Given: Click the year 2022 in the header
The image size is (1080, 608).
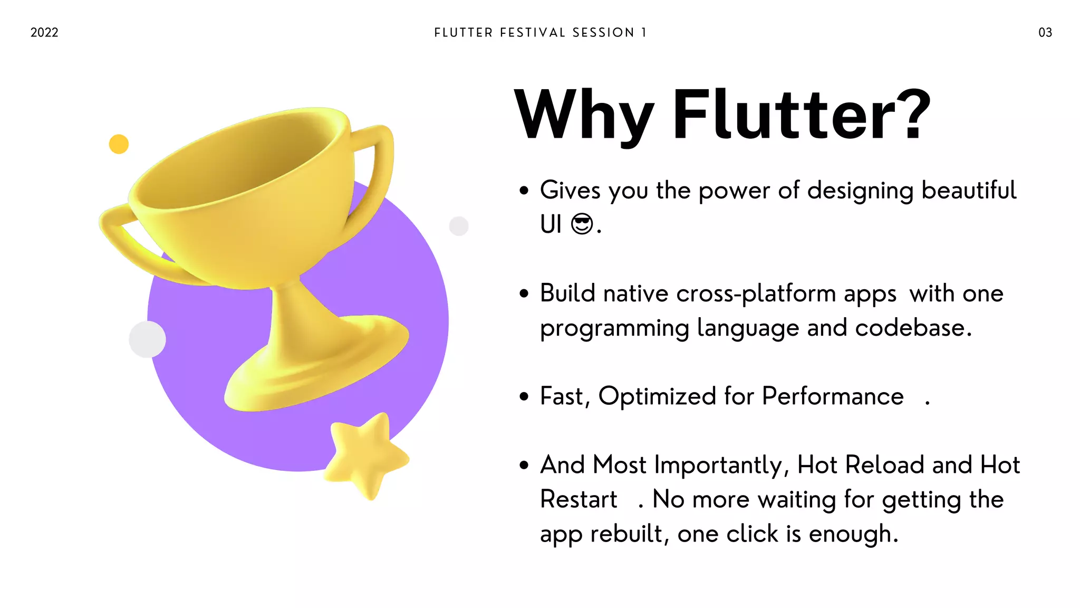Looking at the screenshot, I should (44, 33).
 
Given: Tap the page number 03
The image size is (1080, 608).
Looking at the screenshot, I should (1045, 33).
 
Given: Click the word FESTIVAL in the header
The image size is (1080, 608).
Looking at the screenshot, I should (533, 33).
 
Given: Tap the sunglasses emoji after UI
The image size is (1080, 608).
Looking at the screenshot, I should (582, 224).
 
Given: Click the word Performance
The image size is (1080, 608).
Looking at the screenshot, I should (833, 396).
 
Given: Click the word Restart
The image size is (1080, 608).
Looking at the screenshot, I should (578, 500).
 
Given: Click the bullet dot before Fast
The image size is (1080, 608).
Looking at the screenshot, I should (524, 397).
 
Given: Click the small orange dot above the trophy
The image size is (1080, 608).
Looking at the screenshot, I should (119, 144).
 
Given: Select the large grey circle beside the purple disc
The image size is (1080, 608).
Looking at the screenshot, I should (147, 339).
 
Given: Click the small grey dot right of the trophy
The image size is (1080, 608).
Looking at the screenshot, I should (459, 226).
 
